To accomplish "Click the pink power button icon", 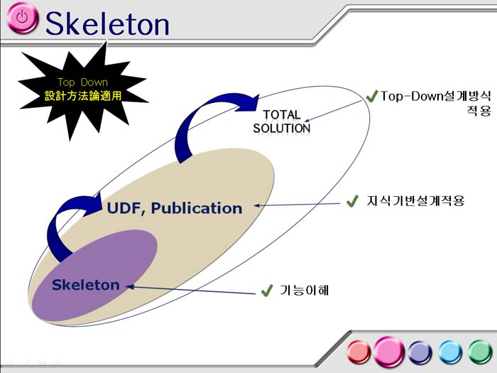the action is pos(22,18).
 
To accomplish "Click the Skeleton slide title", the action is pos(107,23).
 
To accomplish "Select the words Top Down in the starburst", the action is pos(83,82).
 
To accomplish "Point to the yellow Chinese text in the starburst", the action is pos(83,95).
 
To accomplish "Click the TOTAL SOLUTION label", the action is pos(281,121).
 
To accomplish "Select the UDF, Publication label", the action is pos(175,208).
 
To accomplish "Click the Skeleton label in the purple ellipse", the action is pos(86,285).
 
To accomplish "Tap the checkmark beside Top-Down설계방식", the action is pos(372,96).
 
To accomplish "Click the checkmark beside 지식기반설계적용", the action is pos(352,201).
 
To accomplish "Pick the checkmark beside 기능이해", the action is pos(267,290).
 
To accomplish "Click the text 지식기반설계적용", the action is pos(415,201).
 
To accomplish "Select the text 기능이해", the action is pos(305,290).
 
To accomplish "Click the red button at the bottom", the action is pos(359,352).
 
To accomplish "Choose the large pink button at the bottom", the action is pos(388,352).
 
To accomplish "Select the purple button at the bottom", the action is pos(420,352).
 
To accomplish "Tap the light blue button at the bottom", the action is pos(450,352).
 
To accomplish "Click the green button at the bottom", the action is pos(480,352).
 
